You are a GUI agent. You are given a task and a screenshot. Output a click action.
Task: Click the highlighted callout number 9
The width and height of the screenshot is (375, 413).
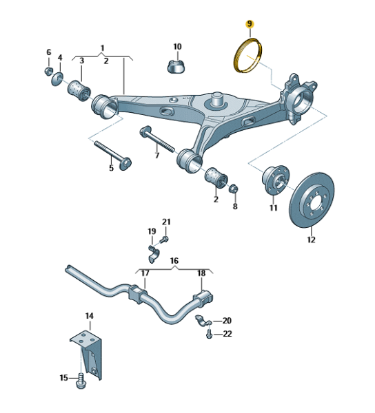tap(250, 24)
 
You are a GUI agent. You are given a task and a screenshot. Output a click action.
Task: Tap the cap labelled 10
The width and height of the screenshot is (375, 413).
tap(176, 66)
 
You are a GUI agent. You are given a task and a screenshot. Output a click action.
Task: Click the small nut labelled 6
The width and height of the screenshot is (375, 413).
tap(48, 71)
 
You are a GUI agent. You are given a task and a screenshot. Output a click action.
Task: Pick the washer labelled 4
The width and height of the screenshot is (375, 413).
tap(57, 78)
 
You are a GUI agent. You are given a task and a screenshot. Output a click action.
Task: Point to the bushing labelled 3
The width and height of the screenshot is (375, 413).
tap(79, 91)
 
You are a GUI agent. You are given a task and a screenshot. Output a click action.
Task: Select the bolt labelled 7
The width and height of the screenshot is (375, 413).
tap(157, 140)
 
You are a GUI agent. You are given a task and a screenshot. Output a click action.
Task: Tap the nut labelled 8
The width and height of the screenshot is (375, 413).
tap(233, 189)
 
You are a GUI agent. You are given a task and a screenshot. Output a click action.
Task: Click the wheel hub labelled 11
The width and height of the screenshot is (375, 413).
tap(276, 180)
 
